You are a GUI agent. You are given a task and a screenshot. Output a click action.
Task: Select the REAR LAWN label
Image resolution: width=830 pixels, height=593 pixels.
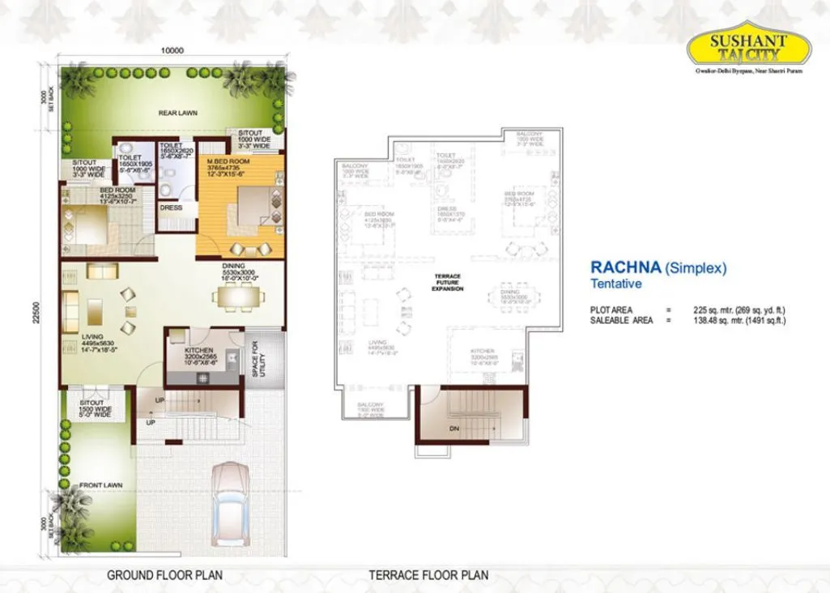(178, 113)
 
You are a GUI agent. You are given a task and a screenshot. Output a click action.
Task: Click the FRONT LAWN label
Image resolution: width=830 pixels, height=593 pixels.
(100, 485)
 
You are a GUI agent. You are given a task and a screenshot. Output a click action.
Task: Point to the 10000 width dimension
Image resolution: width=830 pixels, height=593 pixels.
(172, 50)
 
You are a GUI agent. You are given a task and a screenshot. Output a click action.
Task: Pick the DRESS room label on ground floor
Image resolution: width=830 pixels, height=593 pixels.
(171, 207)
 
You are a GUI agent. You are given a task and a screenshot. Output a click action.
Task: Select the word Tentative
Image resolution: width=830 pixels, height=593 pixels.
(615, 284)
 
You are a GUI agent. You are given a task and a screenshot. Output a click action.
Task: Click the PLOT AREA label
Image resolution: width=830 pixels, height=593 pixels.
(611, 310)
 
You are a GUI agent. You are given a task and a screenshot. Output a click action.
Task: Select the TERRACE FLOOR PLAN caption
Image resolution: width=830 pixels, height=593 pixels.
(428, 576)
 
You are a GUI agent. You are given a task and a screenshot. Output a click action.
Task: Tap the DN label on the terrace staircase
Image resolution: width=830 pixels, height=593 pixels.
(455, 429)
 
